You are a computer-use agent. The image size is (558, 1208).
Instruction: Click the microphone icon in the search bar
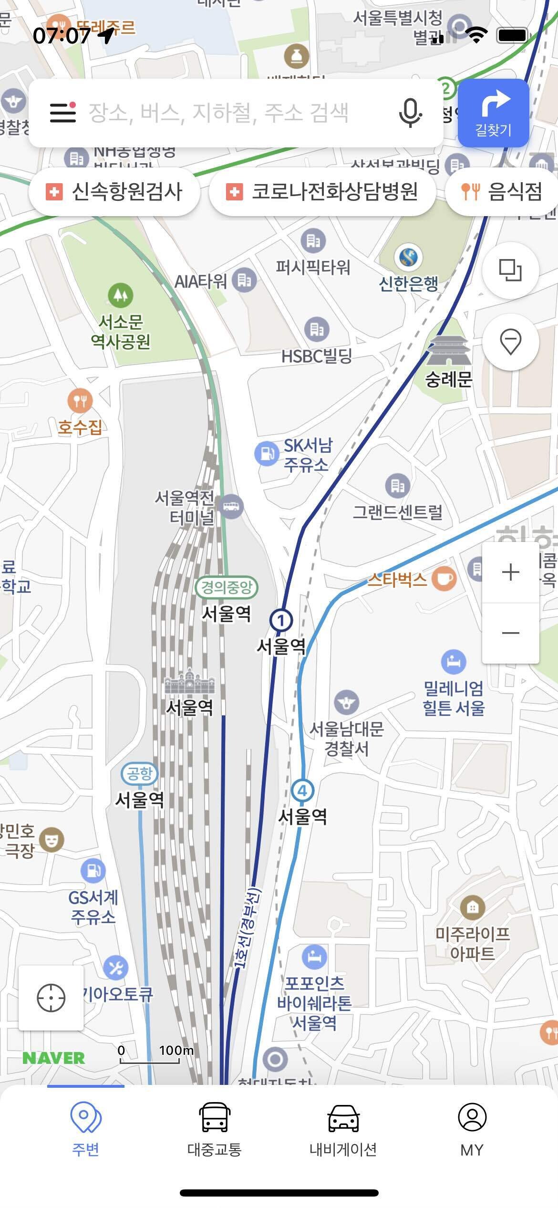pos(410,113)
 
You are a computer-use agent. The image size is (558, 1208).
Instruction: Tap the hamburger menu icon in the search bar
pos(63,113)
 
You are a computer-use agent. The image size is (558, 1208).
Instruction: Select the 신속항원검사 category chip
pos(114,192)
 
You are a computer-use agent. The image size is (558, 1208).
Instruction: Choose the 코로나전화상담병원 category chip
pos(322,192)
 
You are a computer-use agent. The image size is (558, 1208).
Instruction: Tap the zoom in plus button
pos(510,572)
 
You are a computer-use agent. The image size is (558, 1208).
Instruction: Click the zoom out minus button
pos(510,633)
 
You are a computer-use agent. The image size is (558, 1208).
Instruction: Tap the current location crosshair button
pos(51,998)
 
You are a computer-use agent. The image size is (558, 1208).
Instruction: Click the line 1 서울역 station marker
pos(281,621)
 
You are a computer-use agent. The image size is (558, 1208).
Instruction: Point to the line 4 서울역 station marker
pos(302,791)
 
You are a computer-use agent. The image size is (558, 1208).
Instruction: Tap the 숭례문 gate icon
pos(448,351)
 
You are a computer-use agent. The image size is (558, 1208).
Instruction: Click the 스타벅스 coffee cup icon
pos(444,579)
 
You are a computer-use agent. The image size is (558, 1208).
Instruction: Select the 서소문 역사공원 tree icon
pos(120,295)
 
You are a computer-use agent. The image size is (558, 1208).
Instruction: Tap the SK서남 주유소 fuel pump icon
pos(266,453)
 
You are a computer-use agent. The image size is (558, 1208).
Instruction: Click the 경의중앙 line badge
pos(227,587)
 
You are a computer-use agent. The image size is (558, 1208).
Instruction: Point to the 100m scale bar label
pos(176,1050)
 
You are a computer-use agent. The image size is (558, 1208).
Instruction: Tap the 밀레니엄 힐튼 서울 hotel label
pos(454,698)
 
